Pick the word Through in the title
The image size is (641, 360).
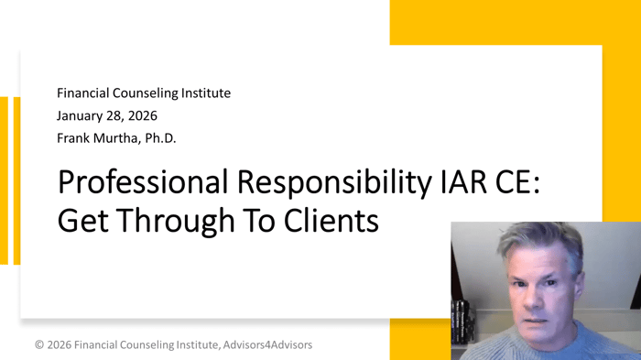(170, 221)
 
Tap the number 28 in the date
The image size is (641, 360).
(121, 116)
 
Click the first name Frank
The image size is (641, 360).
(74, 138)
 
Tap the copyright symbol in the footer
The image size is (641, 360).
(39, 345)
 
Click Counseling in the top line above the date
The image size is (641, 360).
(147, 93)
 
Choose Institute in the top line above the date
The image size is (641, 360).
(205, 93)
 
